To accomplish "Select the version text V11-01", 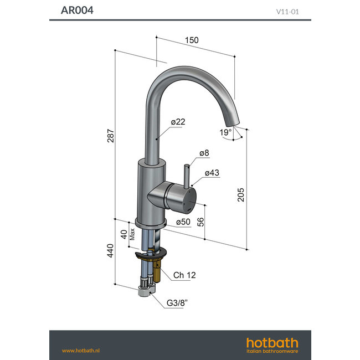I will tap(288, 11).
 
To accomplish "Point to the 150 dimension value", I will tap(192, 40).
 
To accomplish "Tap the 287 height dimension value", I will tap(111, 136).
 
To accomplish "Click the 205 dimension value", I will tap(241, 194).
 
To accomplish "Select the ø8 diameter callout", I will tap(204, 152).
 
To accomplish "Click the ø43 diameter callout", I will tap(212, 173).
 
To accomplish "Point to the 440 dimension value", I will tap(111, 253).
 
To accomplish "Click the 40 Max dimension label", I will tap(127, 234).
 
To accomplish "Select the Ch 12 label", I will tap(184, 275).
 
